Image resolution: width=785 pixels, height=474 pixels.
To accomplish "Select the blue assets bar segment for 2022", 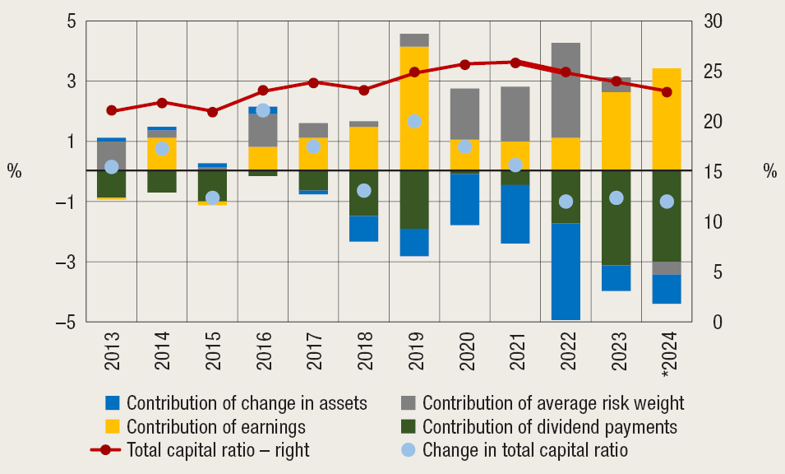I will point(565,272).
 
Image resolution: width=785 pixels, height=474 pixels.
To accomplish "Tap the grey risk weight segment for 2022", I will point(565,91).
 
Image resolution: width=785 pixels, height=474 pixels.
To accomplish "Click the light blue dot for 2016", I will point(263,110).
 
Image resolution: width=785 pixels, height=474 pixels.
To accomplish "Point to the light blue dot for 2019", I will point(413,121).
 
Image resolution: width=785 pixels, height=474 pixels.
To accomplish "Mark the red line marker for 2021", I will point(515,63).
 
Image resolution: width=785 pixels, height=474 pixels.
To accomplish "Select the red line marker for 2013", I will point(112,110).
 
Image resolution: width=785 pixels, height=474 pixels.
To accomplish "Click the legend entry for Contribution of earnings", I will point(215,427).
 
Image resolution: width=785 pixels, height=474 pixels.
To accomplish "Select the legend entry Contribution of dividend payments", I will point(549,427).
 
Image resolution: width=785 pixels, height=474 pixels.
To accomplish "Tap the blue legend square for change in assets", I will point(113,403).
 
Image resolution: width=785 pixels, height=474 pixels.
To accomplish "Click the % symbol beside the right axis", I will point(769,172).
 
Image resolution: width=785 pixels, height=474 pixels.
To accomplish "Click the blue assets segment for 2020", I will point(464,199).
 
